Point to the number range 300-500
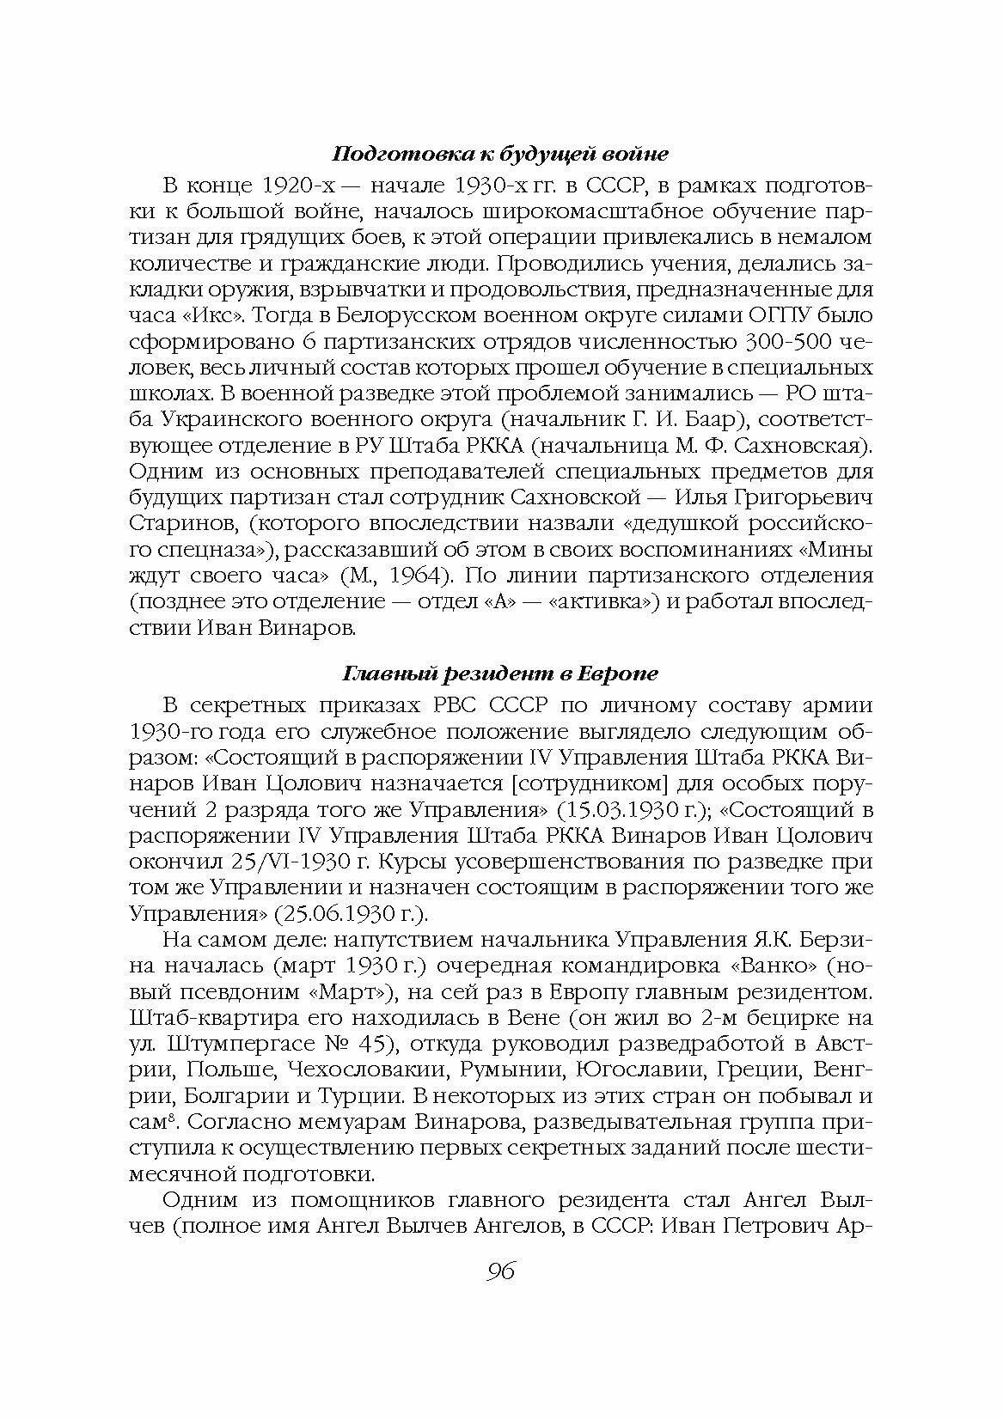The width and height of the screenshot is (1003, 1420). [781, 343]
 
